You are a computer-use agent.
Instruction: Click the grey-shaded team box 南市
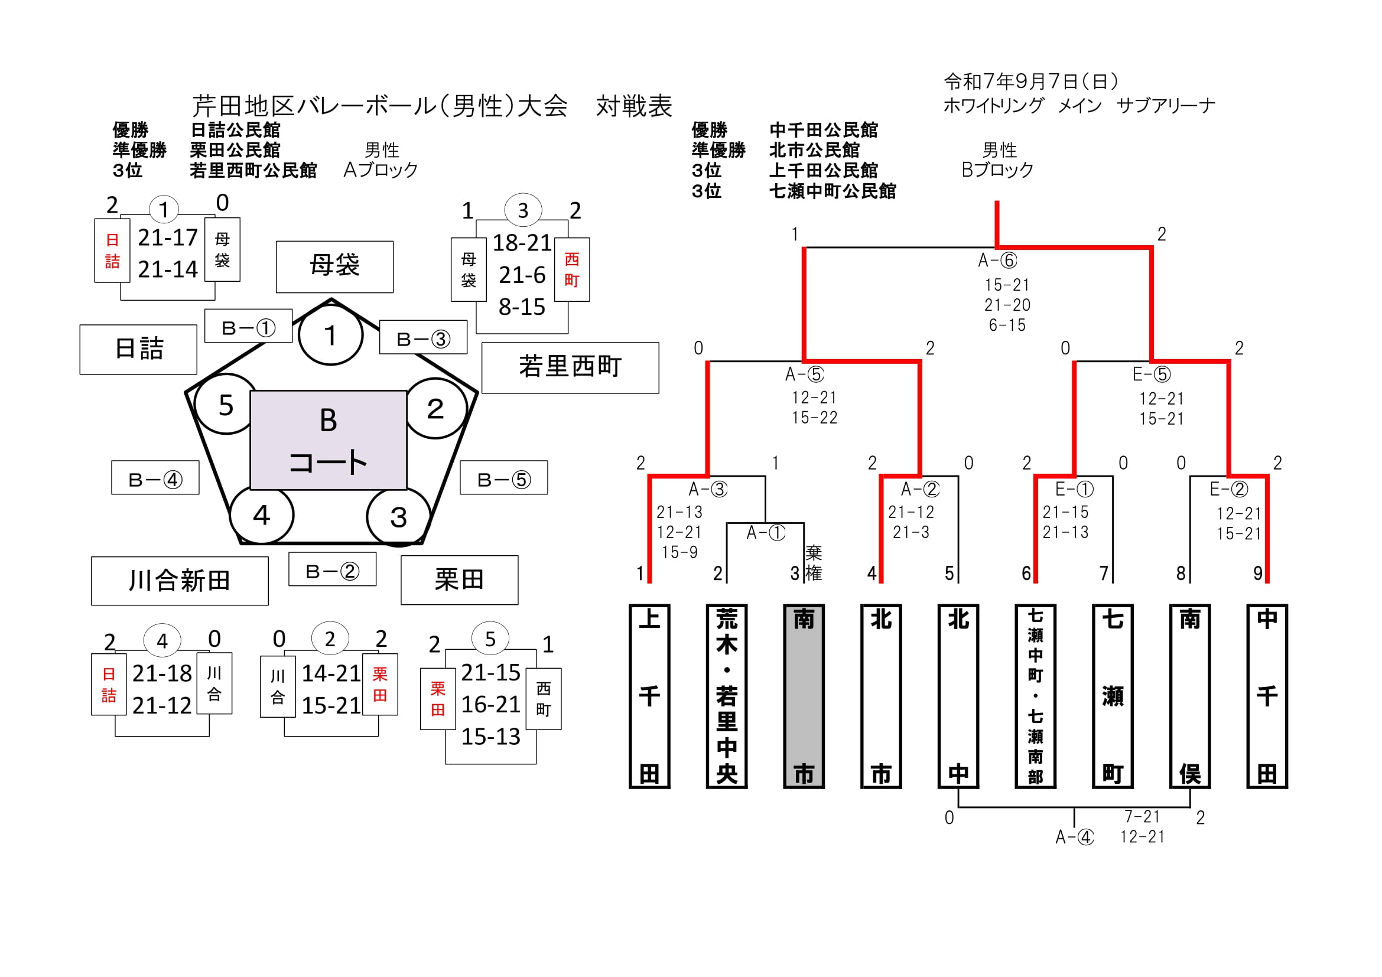pos(804,696)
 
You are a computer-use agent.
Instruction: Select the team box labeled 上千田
pos(649,696)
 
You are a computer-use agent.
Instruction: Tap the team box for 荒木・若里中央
pos(727,696)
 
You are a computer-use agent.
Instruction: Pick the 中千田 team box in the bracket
pos(1267,696)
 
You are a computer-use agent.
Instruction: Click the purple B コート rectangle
pos(328,440)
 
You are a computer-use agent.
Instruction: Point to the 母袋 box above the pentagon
pos(334,266)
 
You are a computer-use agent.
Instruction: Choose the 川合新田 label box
pos(180,581)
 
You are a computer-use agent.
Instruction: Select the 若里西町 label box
pos(570,367)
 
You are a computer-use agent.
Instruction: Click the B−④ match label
pos(155,478)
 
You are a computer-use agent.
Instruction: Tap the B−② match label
pos(332,569)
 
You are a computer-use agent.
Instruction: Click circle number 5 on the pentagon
pos(226,405)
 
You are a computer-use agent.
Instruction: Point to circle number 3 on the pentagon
pos(398,517)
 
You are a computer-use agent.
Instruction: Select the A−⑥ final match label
pos(997,260)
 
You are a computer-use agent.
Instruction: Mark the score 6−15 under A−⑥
pos(1007,325)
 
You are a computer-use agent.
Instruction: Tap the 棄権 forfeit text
pos(813,563)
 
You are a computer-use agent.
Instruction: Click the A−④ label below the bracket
pos(1074,837)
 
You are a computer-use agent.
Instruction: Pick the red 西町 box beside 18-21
pos(572,269)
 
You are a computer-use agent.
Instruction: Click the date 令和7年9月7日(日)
pos(1030,81)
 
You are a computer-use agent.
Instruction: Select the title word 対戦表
pos(634,106)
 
